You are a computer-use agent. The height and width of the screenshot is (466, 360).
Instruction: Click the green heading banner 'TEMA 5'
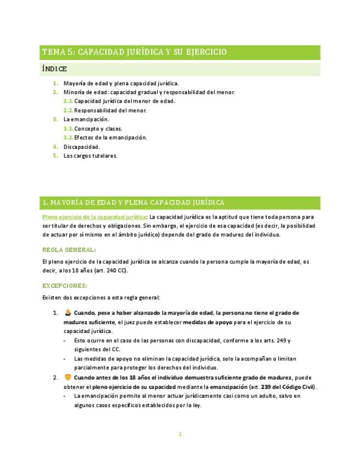coord(135,52)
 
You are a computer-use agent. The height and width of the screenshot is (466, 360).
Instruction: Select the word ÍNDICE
coord(54,69)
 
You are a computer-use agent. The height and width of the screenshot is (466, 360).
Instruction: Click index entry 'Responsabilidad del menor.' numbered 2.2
coord(110,110)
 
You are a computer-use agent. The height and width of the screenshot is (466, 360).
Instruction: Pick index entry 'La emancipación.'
coord(86,119)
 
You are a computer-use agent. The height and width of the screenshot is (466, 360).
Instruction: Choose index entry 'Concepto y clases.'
coord(98,129)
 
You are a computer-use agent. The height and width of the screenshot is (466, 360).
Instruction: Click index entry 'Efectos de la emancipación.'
coord(110,137)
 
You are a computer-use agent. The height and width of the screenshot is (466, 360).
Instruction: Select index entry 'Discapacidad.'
coord(82,147)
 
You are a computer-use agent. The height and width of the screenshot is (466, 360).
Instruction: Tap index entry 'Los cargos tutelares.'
coord(91,156)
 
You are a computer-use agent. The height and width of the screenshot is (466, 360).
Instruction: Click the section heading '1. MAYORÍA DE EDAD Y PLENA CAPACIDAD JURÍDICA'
coord(133,203)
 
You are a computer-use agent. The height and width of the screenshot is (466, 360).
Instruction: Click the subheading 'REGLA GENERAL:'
coord(69,249)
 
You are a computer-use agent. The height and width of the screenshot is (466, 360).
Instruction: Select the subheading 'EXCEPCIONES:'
coord(65,286)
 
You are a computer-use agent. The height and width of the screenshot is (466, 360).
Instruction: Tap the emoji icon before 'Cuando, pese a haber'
coord(68,313)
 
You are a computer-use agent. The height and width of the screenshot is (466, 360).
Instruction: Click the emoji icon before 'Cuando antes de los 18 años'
coord(68,378)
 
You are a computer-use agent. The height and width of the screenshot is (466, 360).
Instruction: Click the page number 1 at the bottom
coord(180,434)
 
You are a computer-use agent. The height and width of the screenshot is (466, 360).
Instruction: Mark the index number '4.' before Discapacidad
coord(56,147)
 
